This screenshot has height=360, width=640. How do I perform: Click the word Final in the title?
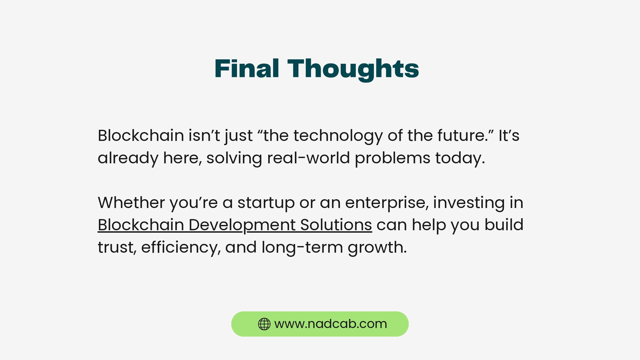(x=247, y=69)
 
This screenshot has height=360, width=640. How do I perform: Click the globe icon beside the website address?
(x=264, y=324)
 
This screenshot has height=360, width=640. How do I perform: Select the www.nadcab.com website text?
(x=331, y=324)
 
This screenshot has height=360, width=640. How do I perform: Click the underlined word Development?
(x=242, y=225)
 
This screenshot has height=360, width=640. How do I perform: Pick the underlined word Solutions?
(x=336, y=225)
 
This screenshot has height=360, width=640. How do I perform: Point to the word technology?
(x=338, y=136)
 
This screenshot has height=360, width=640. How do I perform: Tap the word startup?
(x=266, y=203)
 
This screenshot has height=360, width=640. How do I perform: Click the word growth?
(x=377, y=248)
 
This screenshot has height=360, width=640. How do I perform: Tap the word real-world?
(x=308, y=158)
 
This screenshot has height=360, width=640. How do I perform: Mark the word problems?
(x=392, y=158)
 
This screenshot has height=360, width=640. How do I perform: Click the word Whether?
(x=131, y=202)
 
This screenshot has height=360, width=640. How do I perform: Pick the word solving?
(x=234, y=158)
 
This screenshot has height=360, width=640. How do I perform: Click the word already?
(x=128, y=158)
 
